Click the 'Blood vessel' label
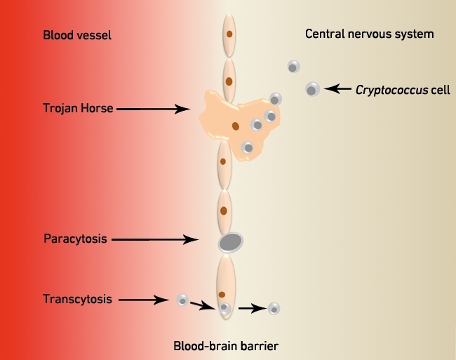(77, 35)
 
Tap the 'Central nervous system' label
(369, 34)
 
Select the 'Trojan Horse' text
(78, 108)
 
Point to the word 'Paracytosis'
(75, 239)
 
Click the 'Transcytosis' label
(77, 299)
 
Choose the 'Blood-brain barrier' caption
(226, 346)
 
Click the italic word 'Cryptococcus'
(391, 90)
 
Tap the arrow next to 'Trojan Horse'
(153, 109)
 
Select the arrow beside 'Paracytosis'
(155, 239)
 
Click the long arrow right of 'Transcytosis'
(144, 300)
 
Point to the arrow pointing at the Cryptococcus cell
(337, 88)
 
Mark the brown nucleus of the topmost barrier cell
(229, 34)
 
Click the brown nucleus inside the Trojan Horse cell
(236, 126)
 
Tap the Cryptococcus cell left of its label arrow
(313, 89)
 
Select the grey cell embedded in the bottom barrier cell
(224, 308)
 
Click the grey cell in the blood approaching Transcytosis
(182, 300)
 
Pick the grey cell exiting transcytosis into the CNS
(274, 309)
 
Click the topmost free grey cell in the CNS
(294, 67)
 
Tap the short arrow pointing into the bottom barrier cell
(203, 306)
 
